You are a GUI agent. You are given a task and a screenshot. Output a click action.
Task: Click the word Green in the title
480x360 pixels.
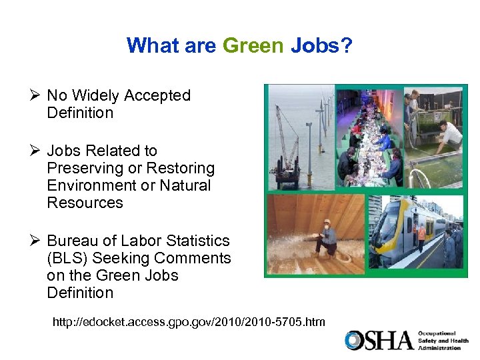(x=253, y=45)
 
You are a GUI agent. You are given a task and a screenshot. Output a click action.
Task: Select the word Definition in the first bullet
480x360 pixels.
(x=80, y=113)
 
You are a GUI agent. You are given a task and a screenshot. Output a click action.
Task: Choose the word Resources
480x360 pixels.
(x=85, y=203)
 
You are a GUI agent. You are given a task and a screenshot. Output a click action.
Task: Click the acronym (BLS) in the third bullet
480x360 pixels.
(x=65, y=258)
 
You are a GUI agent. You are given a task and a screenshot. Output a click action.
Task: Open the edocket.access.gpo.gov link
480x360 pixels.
(x=189, y=322)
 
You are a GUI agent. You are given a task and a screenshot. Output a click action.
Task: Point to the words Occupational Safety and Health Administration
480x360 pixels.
(x=443, y=340)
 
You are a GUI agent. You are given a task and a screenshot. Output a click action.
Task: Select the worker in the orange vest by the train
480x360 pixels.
(x=421, y=234)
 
